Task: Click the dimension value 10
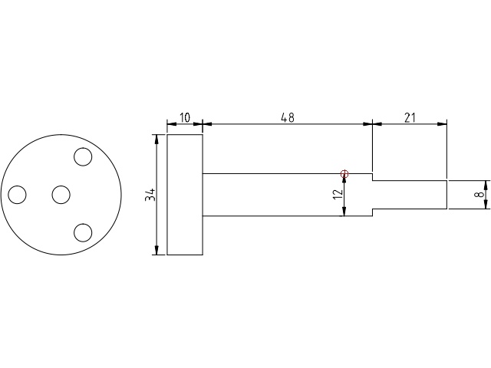[185, 117]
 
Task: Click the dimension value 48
[287, 117]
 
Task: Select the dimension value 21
[409, 117]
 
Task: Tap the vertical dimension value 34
[152, 195]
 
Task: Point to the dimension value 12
[338, 195]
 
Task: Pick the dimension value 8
[479, 195]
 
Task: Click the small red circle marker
[344, 174]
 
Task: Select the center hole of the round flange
[61, 195]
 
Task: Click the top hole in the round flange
[83, 158]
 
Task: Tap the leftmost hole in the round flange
[18, 195]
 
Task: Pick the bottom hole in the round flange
[83, 232]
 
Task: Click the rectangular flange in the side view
[185, 195]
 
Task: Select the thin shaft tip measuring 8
[409, 195]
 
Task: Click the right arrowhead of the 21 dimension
[444, 123]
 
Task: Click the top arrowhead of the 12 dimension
[344, 178]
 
